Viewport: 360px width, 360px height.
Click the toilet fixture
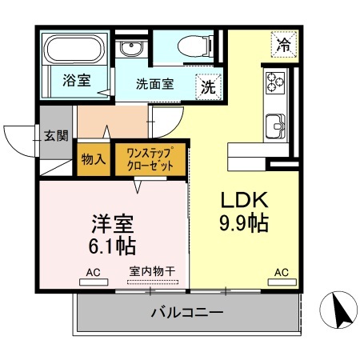coord(186,46)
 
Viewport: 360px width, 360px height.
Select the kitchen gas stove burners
coord(276,81)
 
